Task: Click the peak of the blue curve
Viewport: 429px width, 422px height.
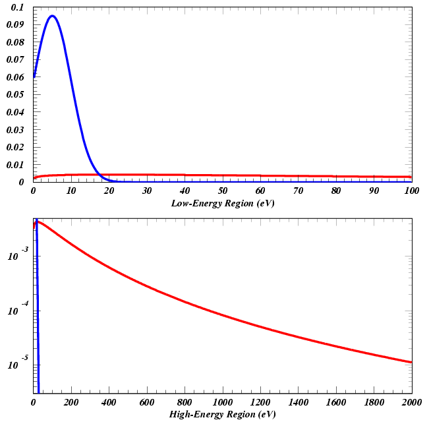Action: coord(51,16)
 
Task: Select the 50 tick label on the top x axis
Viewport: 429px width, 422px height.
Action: coord(223,191)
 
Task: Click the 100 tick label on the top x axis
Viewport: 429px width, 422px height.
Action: coord(411,191)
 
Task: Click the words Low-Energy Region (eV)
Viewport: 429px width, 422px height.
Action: coord(222,204)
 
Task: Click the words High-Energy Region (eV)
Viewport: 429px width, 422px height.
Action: coord(222,415)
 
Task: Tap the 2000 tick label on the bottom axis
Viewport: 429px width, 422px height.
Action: coord(411,402)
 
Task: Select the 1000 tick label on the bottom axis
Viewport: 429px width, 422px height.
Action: coord(222,402)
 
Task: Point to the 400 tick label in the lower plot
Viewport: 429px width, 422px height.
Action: coord(109,402)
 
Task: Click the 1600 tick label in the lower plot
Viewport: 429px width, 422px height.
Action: coord(335,402)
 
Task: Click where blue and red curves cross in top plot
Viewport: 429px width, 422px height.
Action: coord(98,175)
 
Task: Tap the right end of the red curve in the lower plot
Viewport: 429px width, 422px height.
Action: coord(411,362)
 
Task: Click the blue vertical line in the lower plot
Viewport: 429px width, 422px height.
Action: coord(38,330)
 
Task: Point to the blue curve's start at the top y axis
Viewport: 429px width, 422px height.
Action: coord(34,76)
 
